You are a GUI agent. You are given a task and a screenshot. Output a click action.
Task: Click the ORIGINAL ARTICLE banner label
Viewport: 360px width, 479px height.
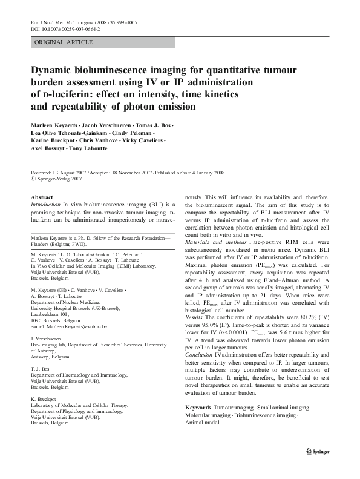coord(64,42)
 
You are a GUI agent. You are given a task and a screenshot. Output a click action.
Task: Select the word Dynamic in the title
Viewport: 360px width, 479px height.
coord(53,70)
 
